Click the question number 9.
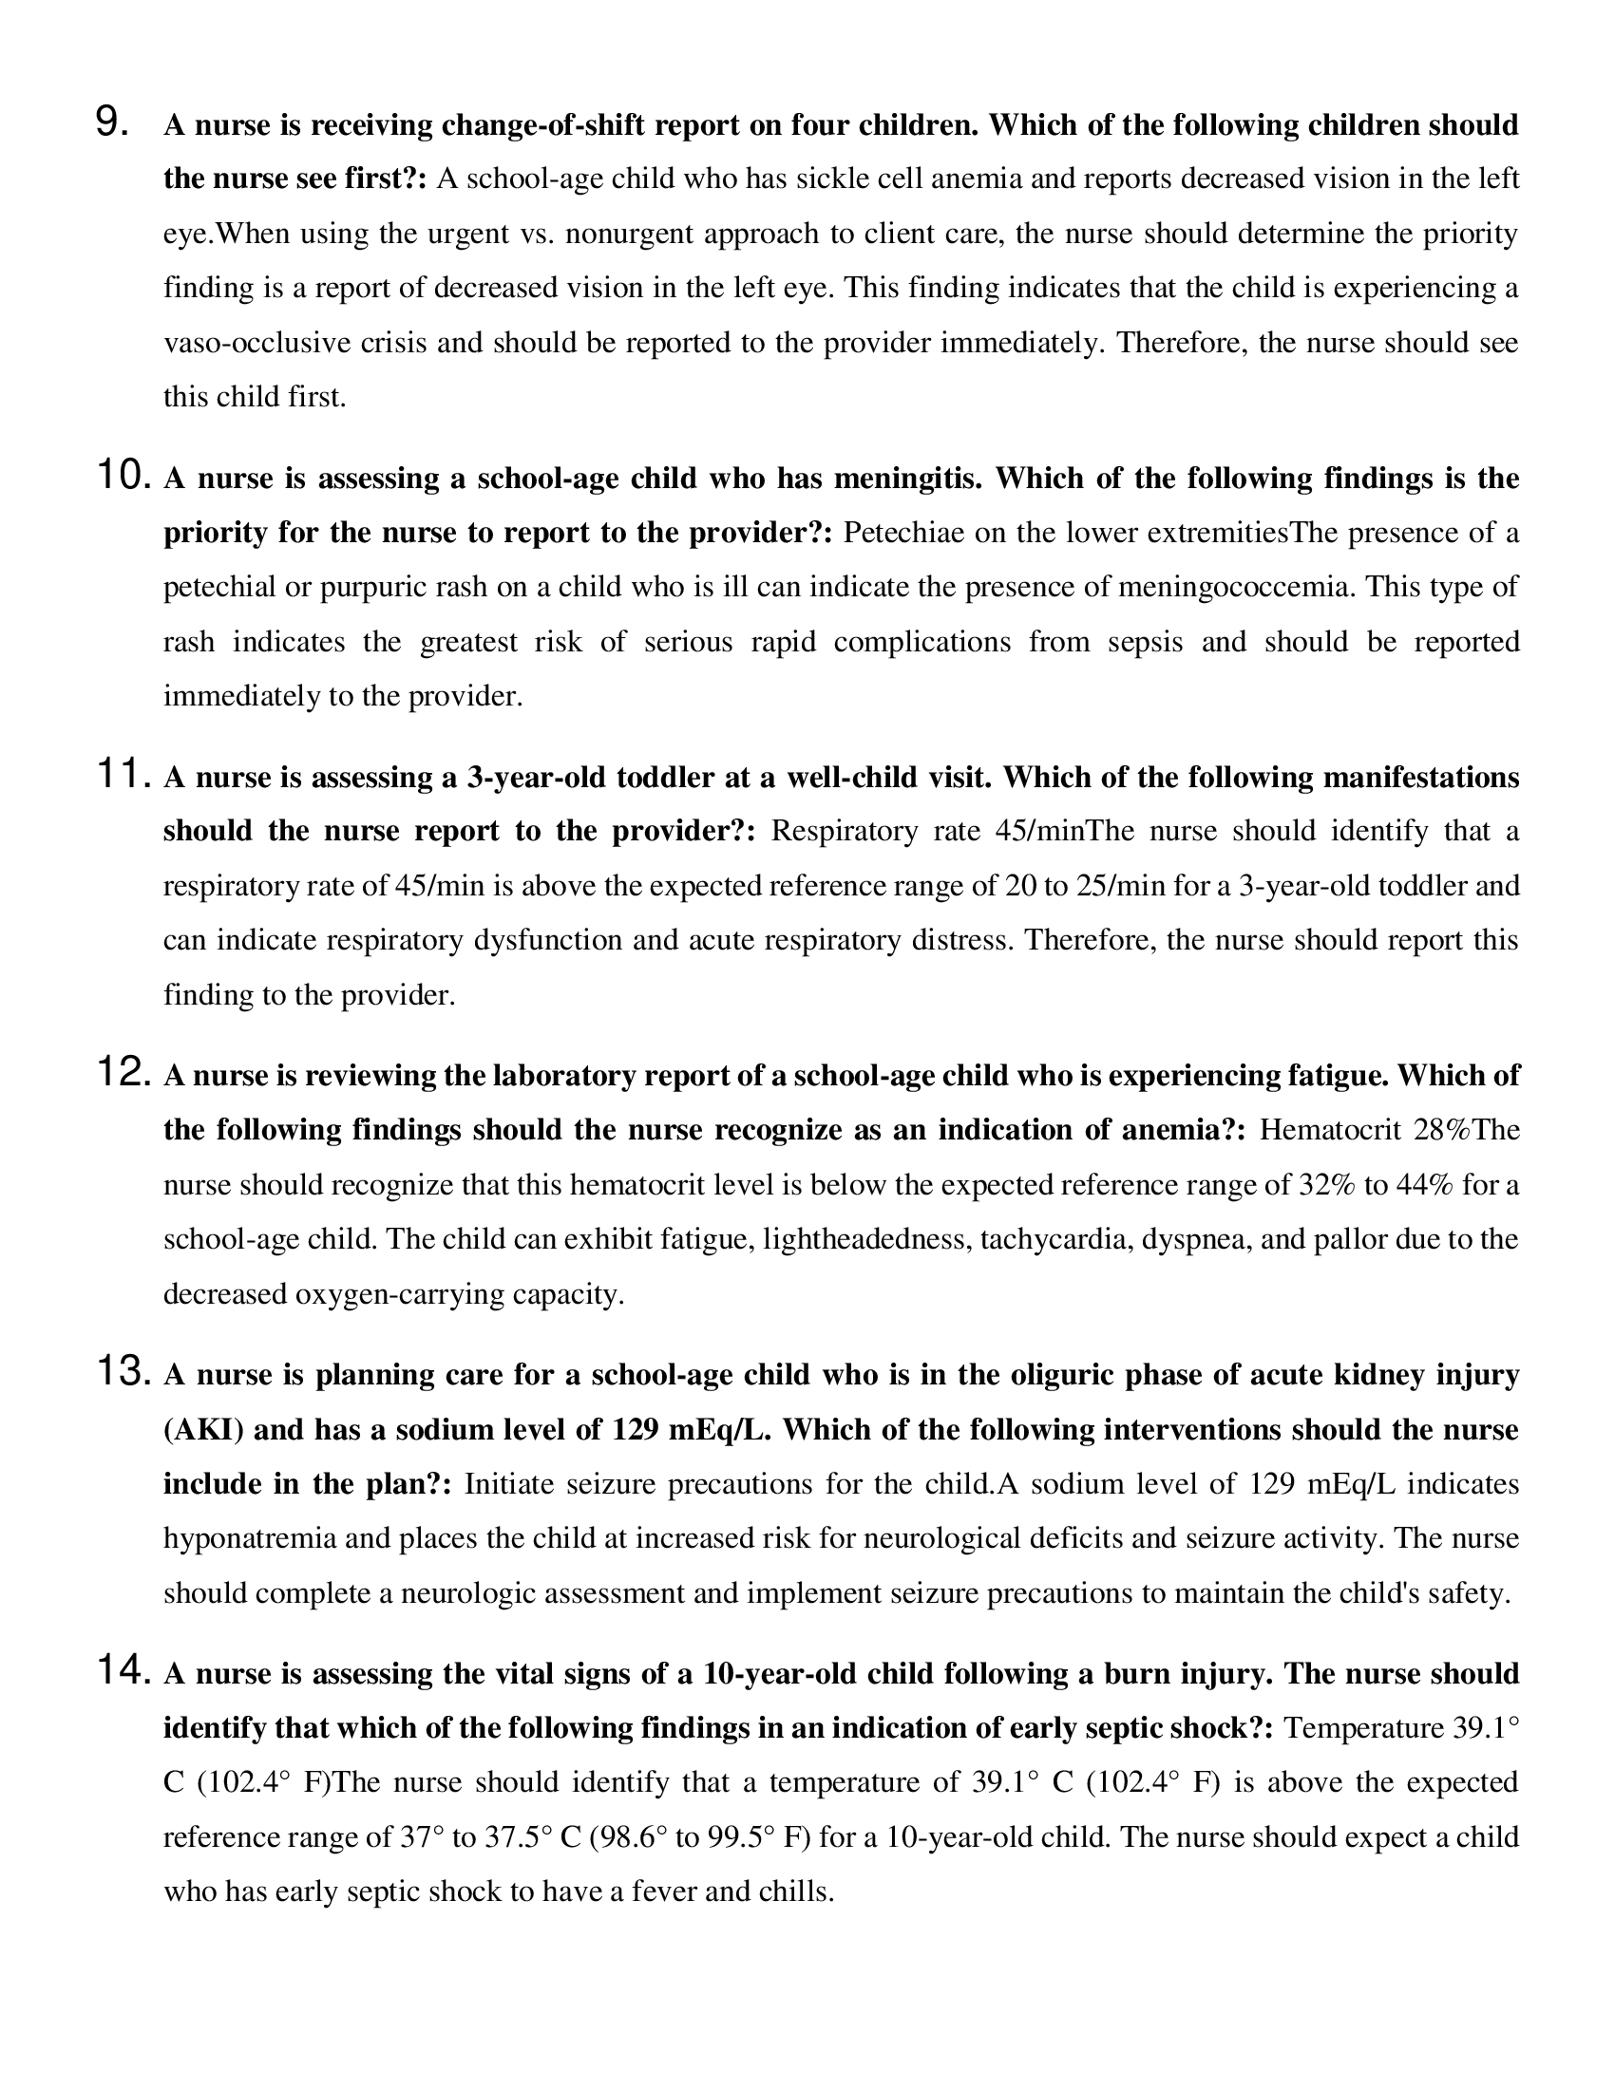[x=113, y=123]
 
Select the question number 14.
[x=124, y=1671]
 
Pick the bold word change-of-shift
[x=522, y=125]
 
